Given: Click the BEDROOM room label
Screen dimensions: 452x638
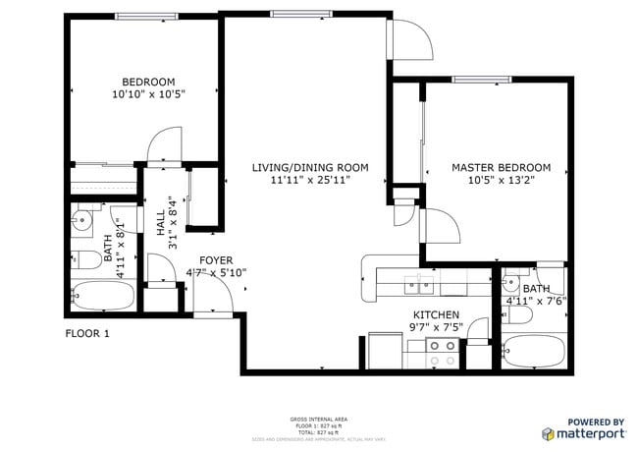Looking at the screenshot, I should click(x=147, y=82).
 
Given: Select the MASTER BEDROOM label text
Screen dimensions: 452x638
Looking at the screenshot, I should click(x=501, y=168).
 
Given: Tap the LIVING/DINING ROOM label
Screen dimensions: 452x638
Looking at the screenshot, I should click(x=309, y=168).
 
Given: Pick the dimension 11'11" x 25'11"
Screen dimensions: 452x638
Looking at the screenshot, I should click(x=309, y=181).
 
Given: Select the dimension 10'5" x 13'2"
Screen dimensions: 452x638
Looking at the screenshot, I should click(x=501, y=181).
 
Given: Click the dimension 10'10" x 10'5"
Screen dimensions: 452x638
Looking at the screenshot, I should click(x=147, y=94).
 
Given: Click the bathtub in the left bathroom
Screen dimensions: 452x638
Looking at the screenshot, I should click(x=95, y=294).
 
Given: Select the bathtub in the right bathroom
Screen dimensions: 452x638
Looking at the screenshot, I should click(x=530, y=351).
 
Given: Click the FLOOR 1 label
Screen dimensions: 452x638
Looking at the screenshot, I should click(x=87, y=333).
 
